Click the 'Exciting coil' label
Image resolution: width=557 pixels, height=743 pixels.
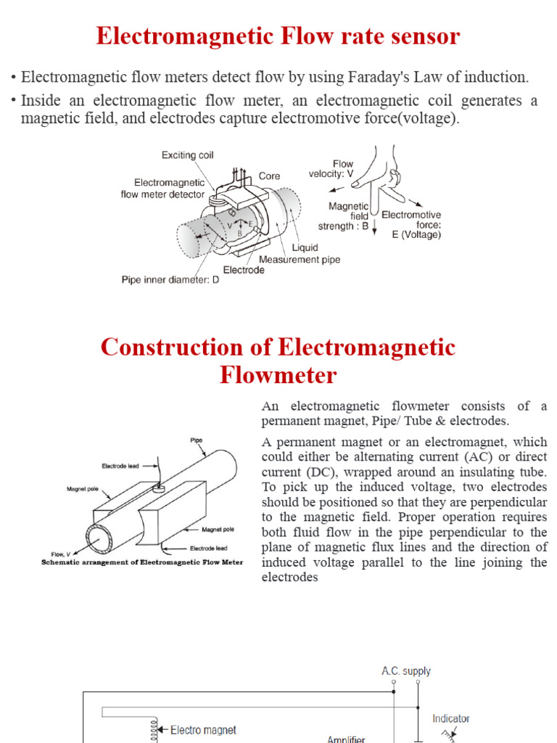[x=187, y=155]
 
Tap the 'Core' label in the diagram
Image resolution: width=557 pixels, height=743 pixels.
[x=269, y=176]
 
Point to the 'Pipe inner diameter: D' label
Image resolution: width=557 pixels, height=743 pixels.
[x=170, y=279]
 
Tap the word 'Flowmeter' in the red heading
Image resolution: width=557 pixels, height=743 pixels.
[x=278, y=375]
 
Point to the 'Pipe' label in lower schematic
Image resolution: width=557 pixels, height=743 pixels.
[x=197, y=440]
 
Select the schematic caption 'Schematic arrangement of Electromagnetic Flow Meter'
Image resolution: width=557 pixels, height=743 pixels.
[x=142, y=562]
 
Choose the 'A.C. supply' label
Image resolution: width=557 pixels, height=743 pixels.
[x=406, y=671]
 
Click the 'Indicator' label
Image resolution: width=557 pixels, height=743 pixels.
[x=451, y=718]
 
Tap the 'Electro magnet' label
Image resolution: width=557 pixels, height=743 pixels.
[x=203, y=730]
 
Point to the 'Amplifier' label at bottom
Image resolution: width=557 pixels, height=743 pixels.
[x=346, y=739]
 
